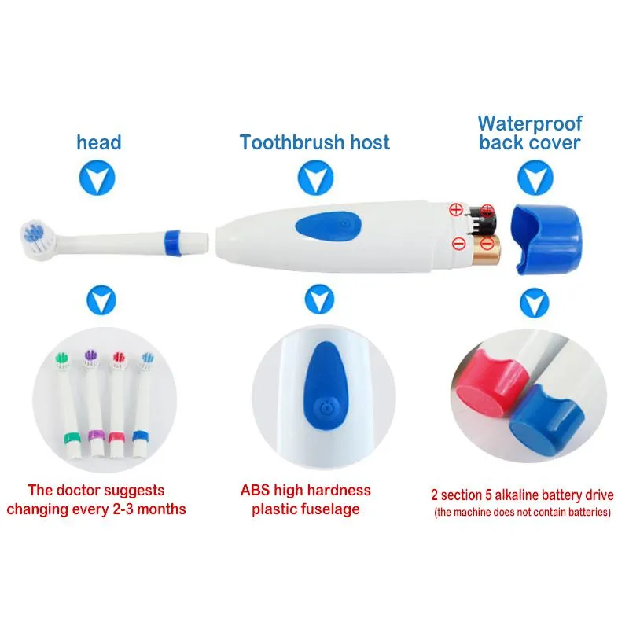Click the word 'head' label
[99, 142]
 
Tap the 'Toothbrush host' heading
[314, 142]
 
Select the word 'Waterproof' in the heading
[530, 123]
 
